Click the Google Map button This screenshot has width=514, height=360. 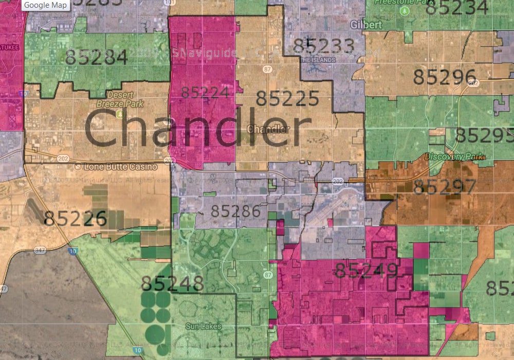(x=45, y=5)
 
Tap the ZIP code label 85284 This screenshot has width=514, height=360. (x=97, y=57)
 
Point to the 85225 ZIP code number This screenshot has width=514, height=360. (x=287, y=98)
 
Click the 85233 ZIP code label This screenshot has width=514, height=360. (x=324, y=46)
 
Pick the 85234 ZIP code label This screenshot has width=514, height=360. (x=457, y=8)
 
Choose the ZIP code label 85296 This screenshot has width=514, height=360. (x=445, y=77)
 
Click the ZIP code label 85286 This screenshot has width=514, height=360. (x=235, y=211)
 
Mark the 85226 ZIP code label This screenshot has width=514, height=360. (x=75, y=219)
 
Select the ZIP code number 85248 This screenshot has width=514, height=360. (x=172, y=283)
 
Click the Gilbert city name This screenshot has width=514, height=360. (x=365, y=25)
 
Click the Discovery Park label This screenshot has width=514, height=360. (x=454, y=156)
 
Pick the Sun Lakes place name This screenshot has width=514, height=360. (x=203, y=326)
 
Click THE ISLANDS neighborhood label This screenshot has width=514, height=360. (x=319, y=60)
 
